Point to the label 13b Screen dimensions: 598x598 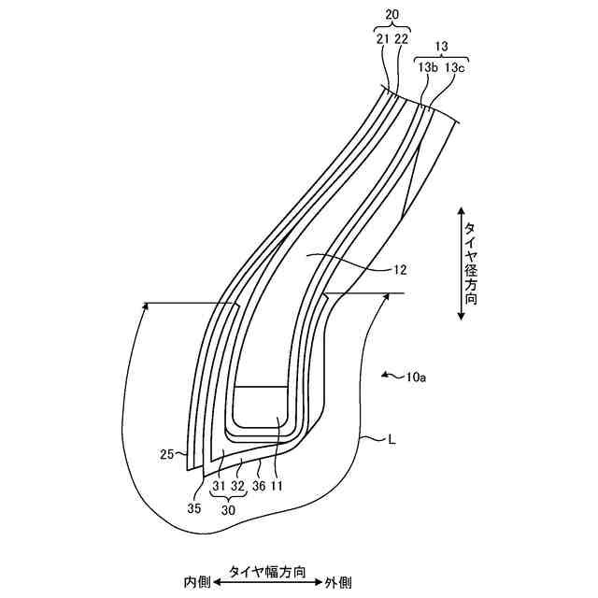428,67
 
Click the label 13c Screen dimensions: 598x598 455,67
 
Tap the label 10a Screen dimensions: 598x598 417,378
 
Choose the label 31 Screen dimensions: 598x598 219,486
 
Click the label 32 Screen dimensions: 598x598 238,486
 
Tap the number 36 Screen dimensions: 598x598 259,486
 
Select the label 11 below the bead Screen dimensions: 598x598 278,486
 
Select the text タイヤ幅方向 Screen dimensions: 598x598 267,568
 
